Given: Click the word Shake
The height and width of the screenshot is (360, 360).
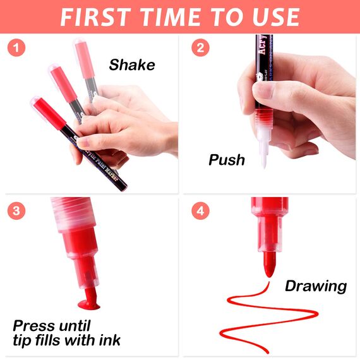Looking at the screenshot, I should (x=132, y=65).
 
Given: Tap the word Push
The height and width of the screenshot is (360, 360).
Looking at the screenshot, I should (x=227, y=160).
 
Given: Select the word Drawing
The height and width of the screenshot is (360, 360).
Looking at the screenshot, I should (x=316, y=286).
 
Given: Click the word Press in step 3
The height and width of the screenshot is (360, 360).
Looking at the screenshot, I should (x=35, y=327).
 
